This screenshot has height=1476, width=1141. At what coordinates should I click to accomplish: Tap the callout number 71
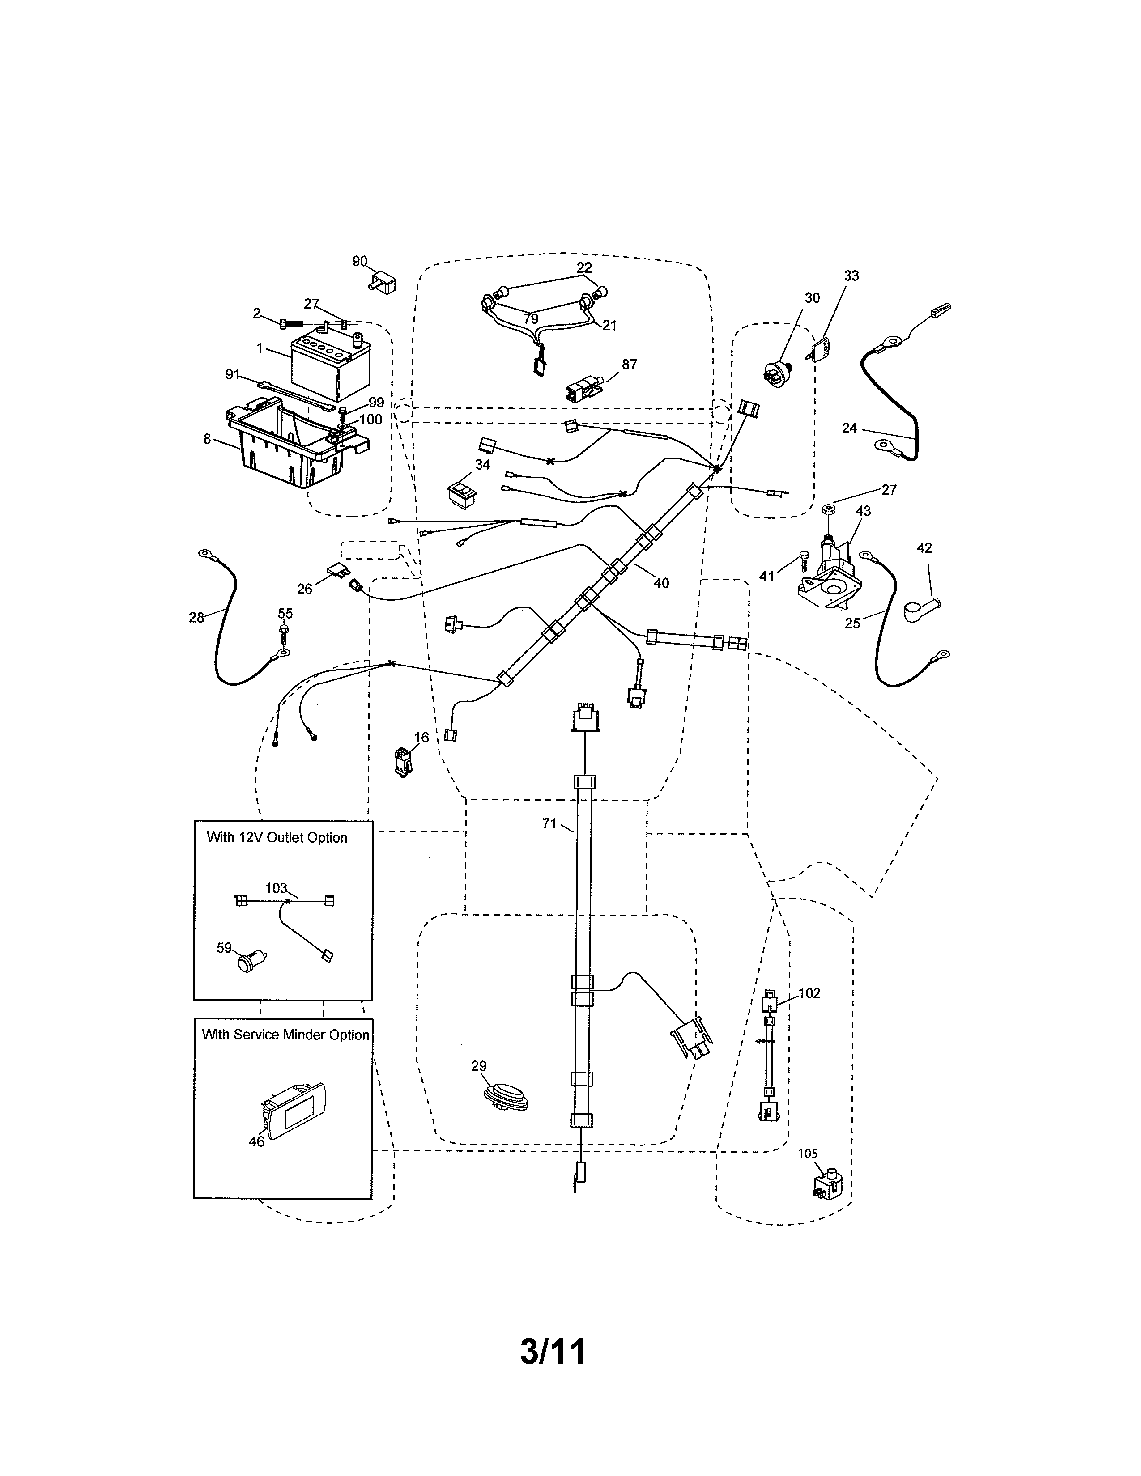click(x=549, y=823)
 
